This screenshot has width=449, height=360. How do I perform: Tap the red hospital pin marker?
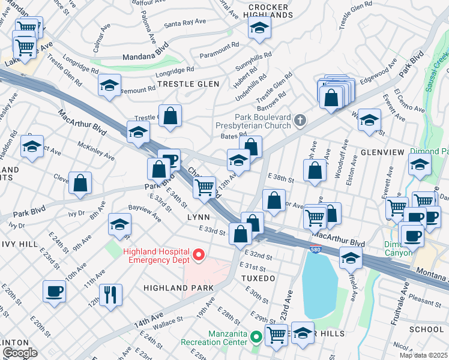tap(199, 256)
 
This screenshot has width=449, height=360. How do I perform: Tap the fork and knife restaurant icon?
tap(110, 295)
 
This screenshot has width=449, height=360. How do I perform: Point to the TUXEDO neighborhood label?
tap(259, 278)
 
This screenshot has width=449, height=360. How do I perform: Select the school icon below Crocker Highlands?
tap(259, 28)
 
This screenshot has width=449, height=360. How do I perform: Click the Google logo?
tap(20, 353)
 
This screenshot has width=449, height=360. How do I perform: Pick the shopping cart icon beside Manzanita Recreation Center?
tap(276, 334)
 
